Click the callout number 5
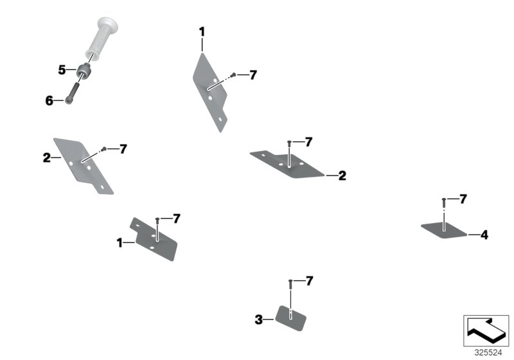coord(62,70)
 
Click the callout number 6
coord(49,101)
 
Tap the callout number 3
coord(259,319)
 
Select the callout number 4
coord(484,235)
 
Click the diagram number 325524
coord(488,353)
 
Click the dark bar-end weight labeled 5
coord(84,71)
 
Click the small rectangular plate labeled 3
coord(290,318)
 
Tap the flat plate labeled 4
coord(444,230)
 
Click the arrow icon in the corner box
coord(486,330)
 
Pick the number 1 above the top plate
coord(202,32)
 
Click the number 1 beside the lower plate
coord(120,243)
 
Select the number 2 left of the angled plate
coord(46,157)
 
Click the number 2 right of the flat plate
coord(342,175)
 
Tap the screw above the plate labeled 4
coord(444,203)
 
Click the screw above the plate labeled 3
coord(290,284)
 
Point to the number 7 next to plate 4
coord(463,199)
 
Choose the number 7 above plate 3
coord(309,281)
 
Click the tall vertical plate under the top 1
coord(210,93)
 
